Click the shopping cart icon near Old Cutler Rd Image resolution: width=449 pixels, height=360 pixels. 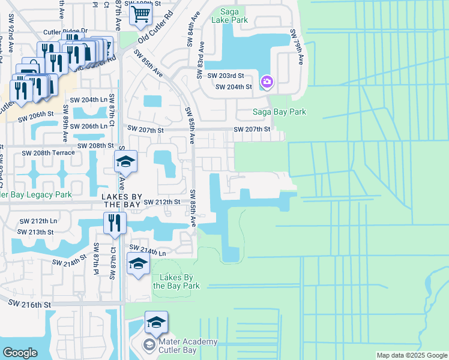pos(140,13)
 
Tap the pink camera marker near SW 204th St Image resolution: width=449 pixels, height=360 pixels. pos(267,81)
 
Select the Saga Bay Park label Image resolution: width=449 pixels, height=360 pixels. pos(279,112)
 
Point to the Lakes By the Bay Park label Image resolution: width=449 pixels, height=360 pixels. pos(176,281)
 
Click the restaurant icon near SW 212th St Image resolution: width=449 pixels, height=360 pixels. pos(114,223)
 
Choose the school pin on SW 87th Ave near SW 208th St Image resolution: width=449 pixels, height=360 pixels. pos(126,161)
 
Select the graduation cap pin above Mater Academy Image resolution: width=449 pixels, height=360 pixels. pos(156,322)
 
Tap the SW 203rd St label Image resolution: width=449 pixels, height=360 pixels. pos(226,76)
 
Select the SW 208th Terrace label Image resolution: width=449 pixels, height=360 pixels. pos(49,153)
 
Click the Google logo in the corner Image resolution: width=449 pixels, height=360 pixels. pos(20,353)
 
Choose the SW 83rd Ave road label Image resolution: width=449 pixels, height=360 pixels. pos(200,60)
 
